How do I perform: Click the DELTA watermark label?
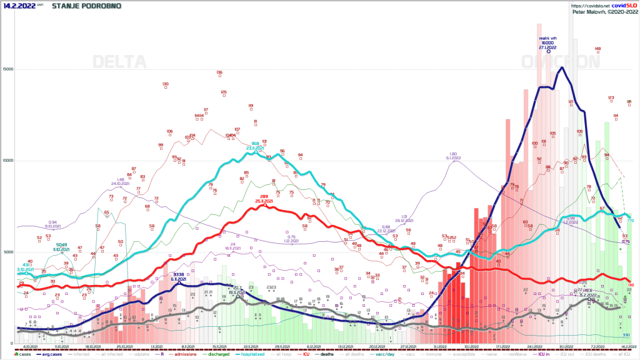point(119,62)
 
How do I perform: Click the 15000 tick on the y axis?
point(8,69)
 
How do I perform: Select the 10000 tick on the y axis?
point(8,161)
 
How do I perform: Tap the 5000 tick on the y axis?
point(8,252)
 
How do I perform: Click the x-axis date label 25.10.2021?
point(127,346)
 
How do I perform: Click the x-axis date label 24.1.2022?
point(534,346)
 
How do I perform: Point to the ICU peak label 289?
point(264,198)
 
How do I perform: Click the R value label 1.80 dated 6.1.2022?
point(454,156)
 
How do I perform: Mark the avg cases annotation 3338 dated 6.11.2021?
point(179,276)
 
